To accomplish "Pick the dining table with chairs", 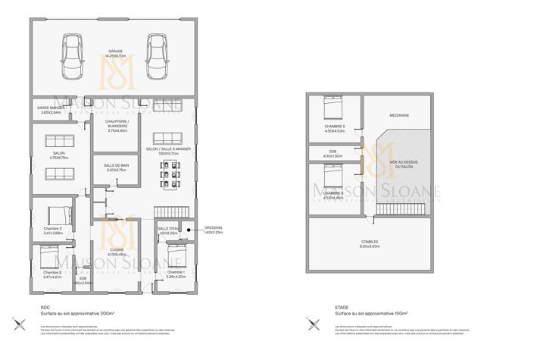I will pos(168,176).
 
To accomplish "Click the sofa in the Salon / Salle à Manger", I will pos(167,138).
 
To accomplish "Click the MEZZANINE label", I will pos(400,115).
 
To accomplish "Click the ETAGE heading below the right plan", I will pos(342,307).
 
